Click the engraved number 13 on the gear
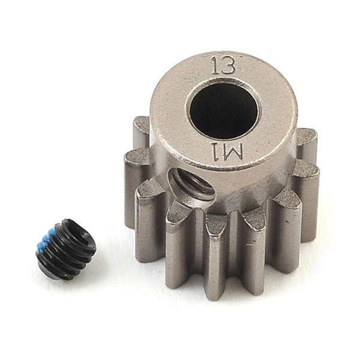click(223, 65)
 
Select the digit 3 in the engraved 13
click(228, 65)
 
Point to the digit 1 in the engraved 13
click(215, 64)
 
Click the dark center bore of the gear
click(223, 108)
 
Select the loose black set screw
click(65, 247)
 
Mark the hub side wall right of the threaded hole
click(252, 192)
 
